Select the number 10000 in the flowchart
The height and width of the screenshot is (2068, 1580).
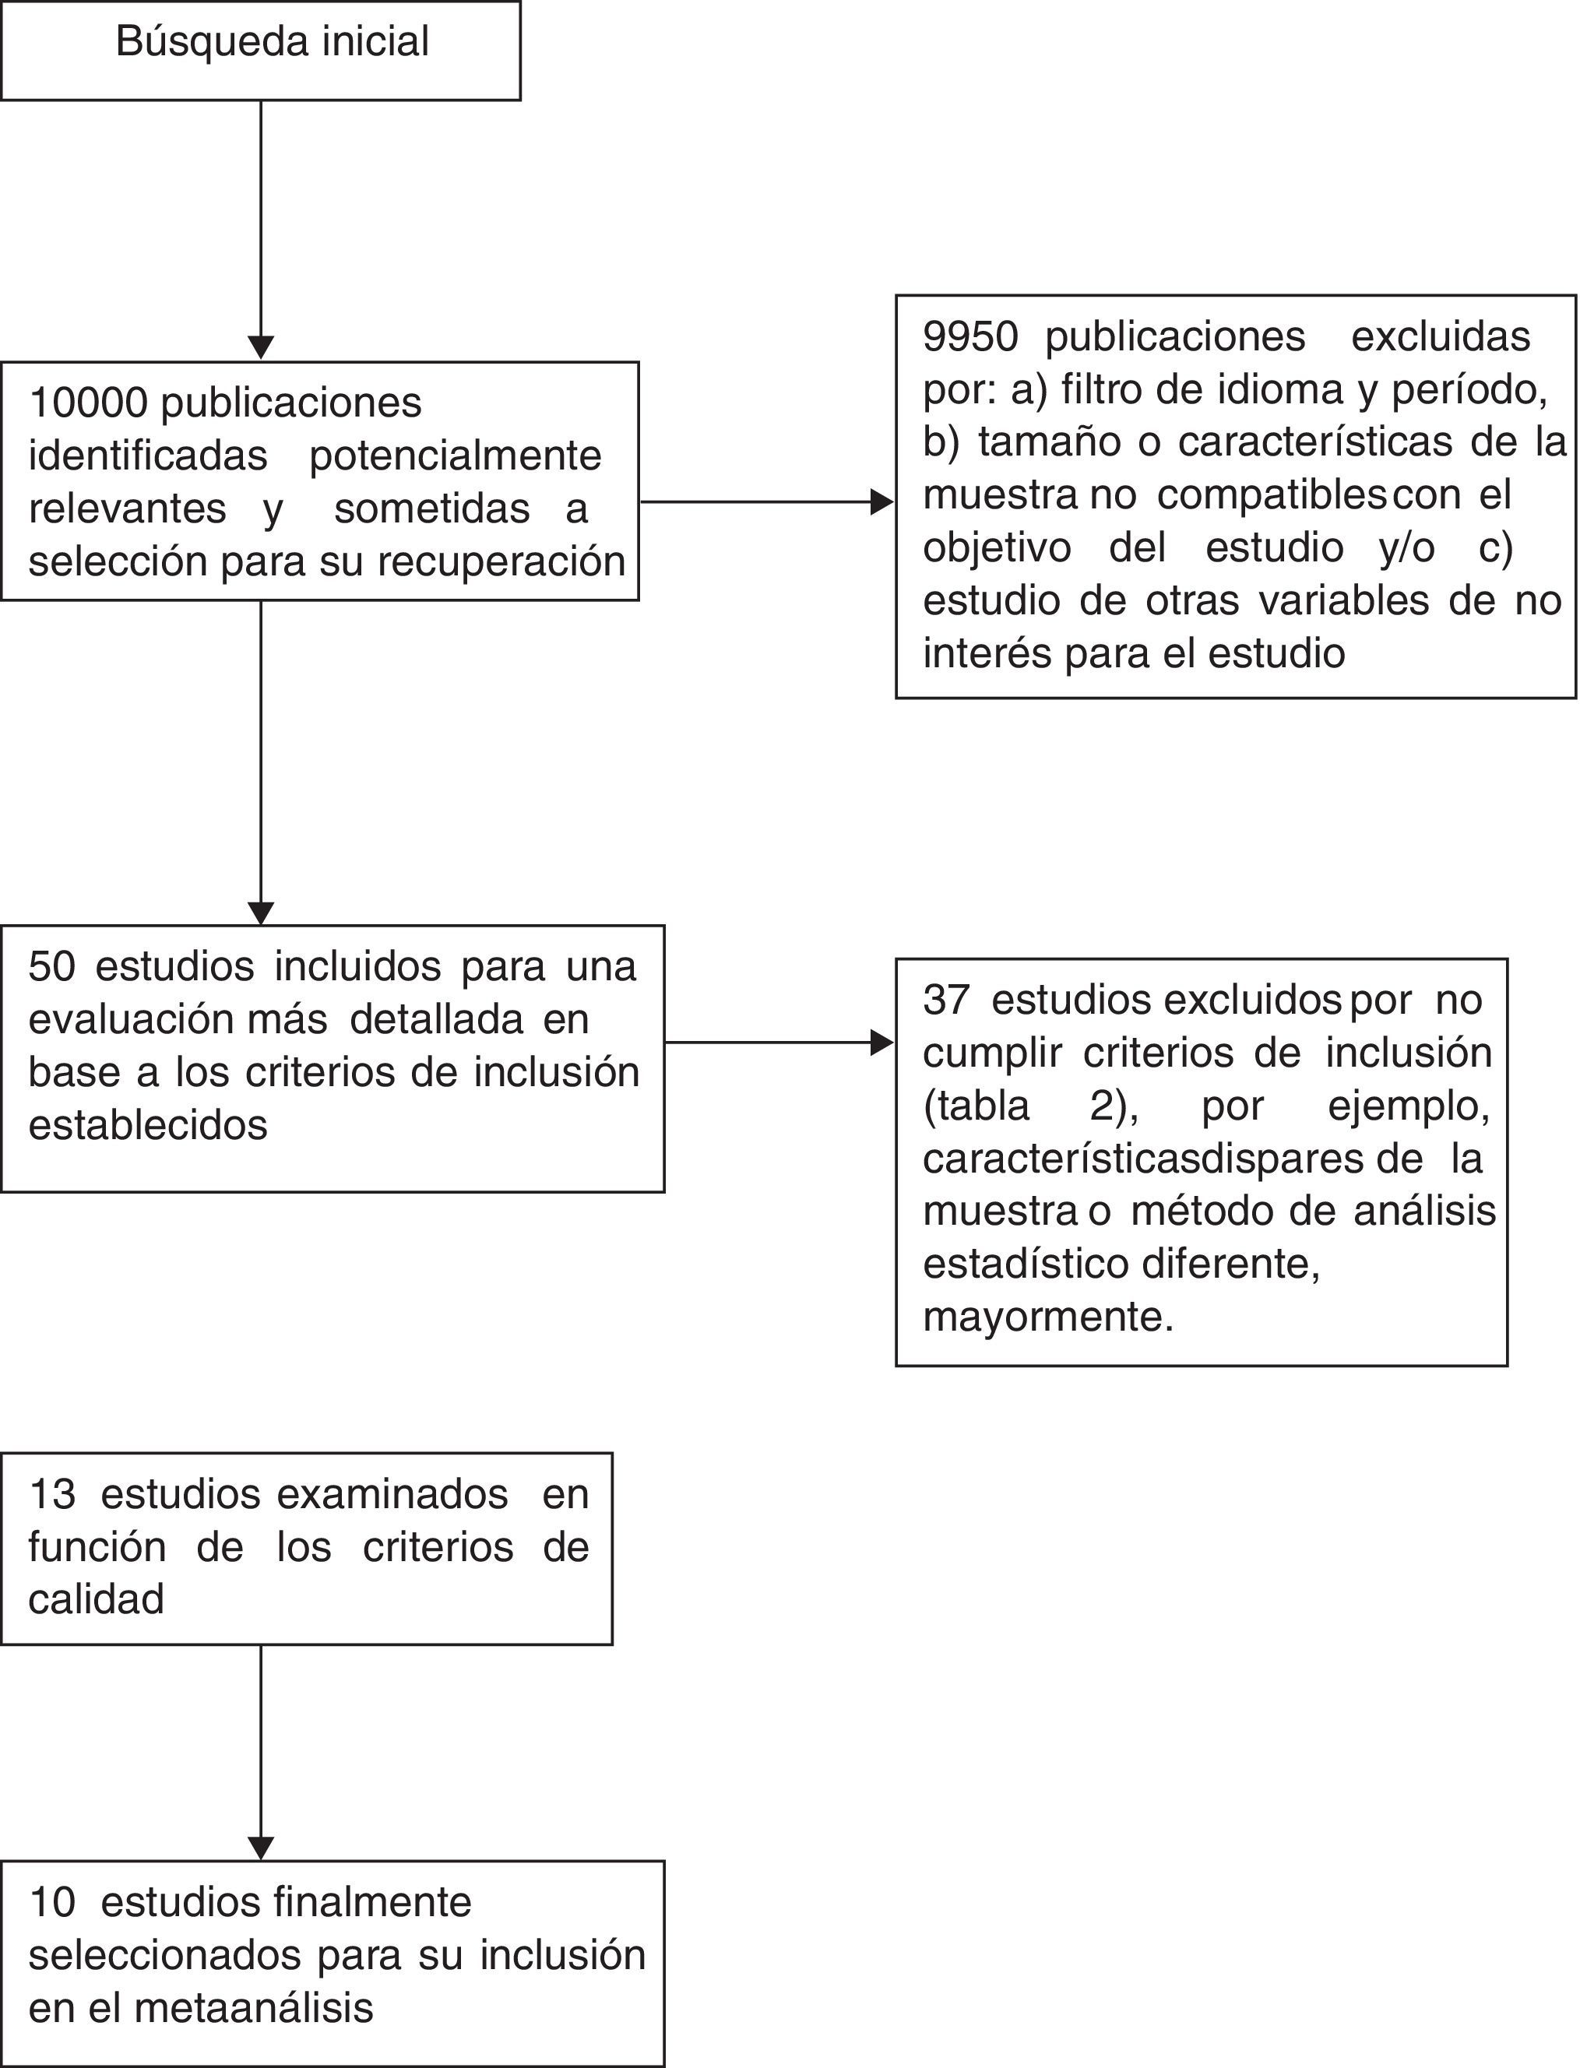(89, 403)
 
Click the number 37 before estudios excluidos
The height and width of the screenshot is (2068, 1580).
(946, 1000)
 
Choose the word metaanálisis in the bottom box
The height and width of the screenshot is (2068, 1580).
(254, 2008)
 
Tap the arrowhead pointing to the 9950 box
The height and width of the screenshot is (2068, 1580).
(881, 502)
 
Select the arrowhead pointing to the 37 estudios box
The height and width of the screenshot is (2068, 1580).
(881, 1042)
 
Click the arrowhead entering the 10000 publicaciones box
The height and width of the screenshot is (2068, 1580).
(261, 347)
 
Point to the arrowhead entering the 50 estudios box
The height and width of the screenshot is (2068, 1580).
(261, 913)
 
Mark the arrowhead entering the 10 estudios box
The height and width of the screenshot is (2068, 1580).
(261, 1847)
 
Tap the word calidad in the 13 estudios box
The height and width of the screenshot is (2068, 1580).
(96, 1598)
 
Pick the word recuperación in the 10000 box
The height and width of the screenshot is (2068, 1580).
(501, 562)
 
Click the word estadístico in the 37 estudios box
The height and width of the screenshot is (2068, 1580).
(1027, 1264)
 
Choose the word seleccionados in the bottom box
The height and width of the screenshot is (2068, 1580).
(166, 1955)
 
